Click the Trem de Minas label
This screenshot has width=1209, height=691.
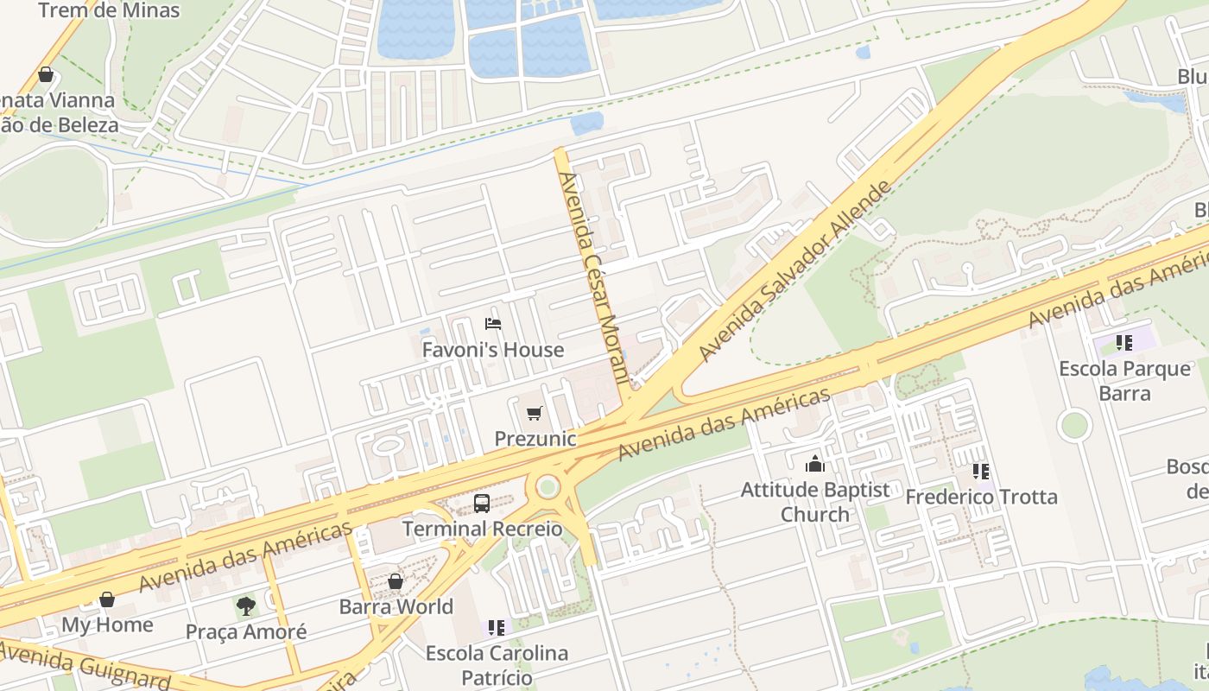(x=109, y=11)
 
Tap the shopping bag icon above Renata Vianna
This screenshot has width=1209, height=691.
(x=46, y=75)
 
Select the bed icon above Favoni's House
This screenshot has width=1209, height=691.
(x=493, y=325)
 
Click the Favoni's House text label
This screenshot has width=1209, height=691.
(x=492, y=350)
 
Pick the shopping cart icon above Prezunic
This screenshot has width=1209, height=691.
(x=535, y=414)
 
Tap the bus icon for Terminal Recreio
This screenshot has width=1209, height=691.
(x=482, y=504)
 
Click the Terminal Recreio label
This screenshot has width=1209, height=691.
(x=482, y=529)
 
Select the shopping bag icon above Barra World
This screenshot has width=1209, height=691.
(x=396, y=581)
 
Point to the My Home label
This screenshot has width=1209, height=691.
(x=107, y=624)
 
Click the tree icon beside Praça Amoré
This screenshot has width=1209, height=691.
(x=246, y=605)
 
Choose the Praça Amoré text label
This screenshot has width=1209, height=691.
(x=246, y=631)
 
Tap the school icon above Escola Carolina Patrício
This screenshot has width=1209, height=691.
(x=496, y=627)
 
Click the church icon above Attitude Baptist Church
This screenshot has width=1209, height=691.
(x=814, y=465)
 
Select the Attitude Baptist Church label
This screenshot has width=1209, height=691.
(x=814, y=502)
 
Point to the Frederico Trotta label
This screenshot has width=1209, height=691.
(x=981, y=497)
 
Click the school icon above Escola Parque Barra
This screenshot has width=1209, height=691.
(x=1124, y=343)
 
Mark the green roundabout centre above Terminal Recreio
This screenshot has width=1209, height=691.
(x=548, y=487)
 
